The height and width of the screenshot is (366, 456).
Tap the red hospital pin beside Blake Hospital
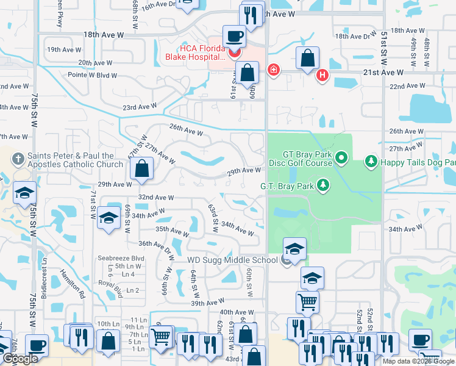pyautogui.click(x=232, y=53)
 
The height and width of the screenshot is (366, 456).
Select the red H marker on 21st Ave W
pyautogui.click(x=322, y=76)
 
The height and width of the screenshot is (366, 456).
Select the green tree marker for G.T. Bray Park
pyautogui.click(x=322, y=185)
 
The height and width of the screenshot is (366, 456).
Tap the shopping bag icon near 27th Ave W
pyautogui.click(x=141, y=170)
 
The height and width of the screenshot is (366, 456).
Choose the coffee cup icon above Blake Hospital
pyautogui.click(x=234, y=37)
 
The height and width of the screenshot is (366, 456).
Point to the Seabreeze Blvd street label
pyautogui.click(x=121, y=258)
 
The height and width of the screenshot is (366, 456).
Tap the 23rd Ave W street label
pyautogui.click(x=140, y=107)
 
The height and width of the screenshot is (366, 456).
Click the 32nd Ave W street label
pyautogui.click(x=156, y=198)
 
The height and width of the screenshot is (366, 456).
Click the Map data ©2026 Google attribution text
pyautogui.click(x=419, y=361)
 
